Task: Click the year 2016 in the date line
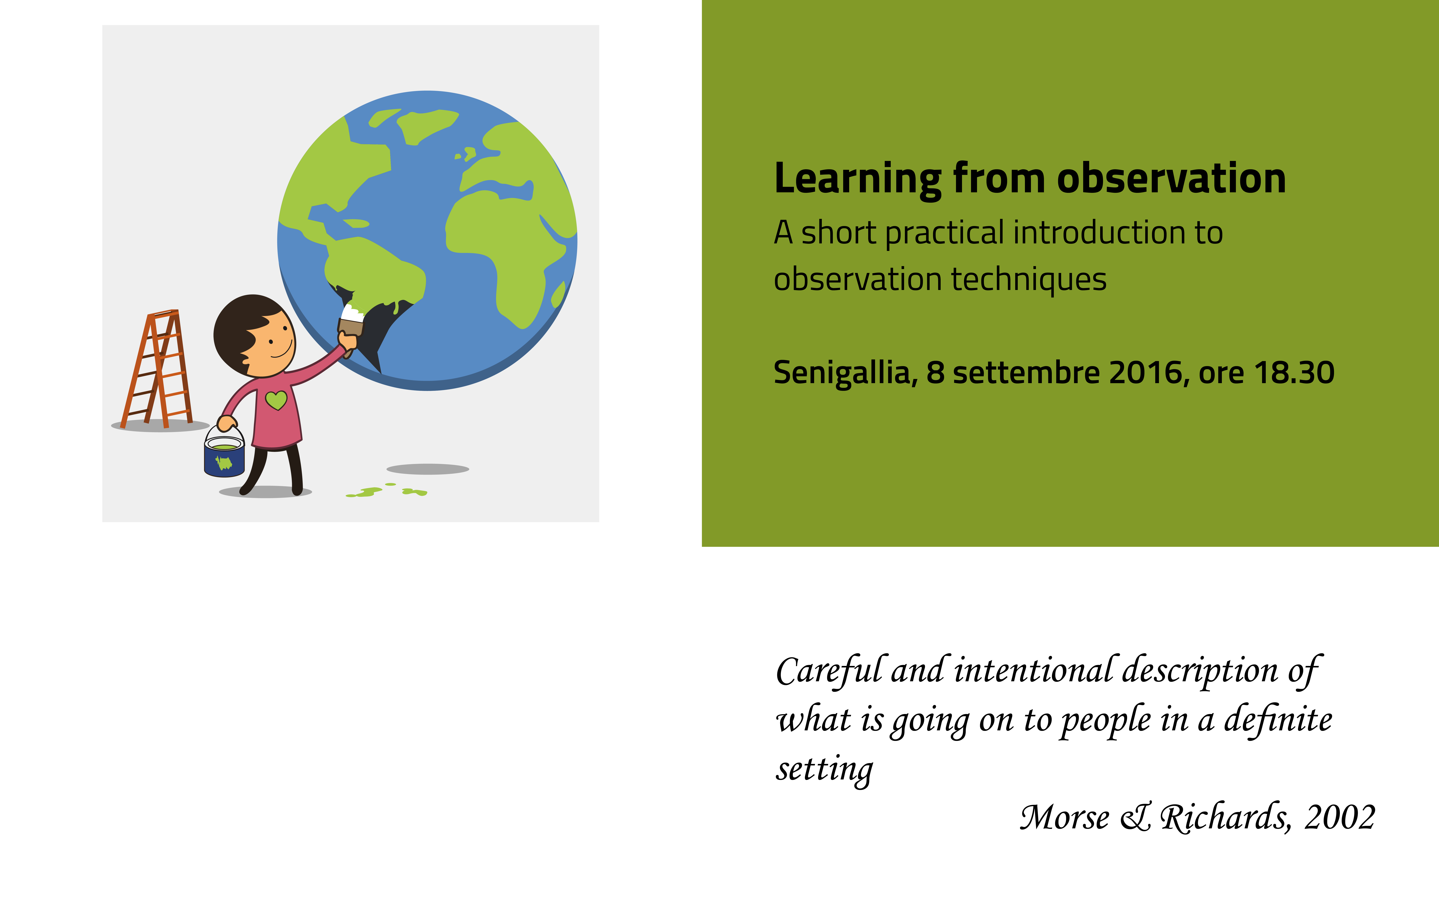(x=1146, y=372)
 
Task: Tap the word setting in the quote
(x=825, y=770)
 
